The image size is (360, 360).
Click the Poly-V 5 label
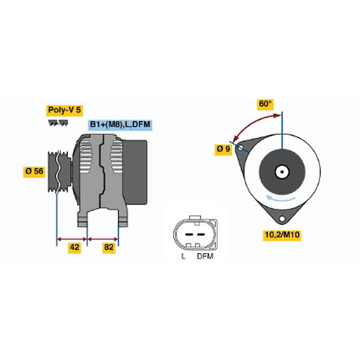(x=65, y=110)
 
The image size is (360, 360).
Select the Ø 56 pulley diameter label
(x=34, y=172)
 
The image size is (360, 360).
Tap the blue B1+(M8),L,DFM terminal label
(x=120, y=125)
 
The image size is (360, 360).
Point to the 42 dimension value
(x=74, y=248)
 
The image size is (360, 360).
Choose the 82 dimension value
(x=109, y=248)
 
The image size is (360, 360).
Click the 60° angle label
(x=265, y=104)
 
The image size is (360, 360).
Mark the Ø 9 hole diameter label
(x=223, y=149)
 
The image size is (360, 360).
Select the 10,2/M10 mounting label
(x=282, y=235)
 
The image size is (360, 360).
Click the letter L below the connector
(x=183, y=256)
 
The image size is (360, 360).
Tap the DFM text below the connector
(x=205, y=256)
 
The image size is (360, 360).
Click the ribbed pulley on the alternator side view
(x=59, y=172)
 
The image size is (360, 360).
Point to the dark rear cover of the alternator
(x=135, y=172)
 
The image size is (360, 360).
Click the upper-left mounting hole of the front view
(x=241, y=148)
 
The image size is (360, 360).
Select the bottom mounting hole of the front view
(x=282, y=218)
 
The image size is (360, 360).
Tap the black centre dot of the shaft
(x=282, y=172)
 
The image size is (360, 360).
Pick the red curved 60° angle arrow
(x=251, y=122)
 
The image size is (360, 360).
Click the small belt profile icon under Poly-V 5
(x=58, y=122)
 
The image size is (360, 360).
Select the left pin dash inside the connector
(x=189, y=235)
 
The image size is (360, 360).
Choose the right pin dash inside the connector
(x=201, y=235)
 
